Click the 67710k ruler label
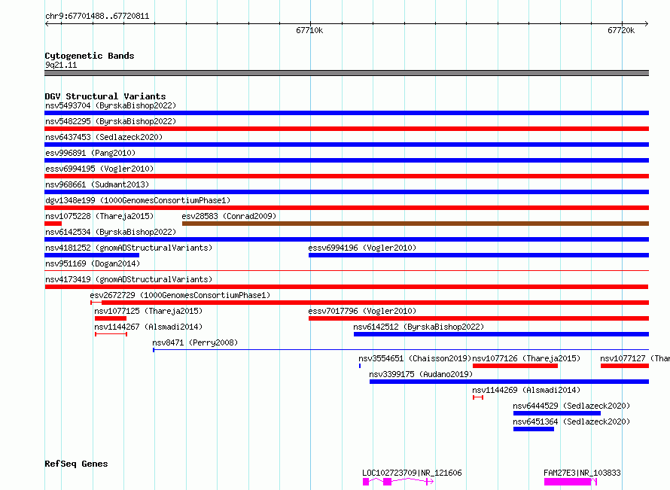click(309, 30)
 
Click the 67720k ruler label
click(621, 30)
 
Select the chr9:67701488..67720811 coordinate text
click(97, 17)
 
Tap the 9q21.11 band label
click(61, 65)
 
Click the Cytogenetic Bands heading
click(90, 56)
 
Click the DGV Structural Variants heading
click(105, 96)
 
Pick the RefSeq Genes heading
click(76, 464)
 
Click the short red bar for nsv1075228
click(53, 224)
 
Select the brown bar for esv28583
click(416, 224)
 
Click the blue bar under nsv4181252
click(92, 255)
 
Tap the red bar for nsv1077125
click(111, 318)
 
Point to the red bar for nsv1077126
click(515, 366)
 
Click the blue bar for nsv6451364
click(534, 429)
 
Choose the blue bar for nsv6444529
click(557, 413)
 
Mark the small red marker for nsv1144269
click(478, 397)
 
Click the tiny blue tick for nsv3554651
click(360, 366)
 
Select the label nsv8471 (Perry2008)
click(195, 342)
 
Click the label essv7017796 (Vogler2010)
click(362, 311)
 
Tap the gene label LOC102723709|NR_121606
click(412, 473)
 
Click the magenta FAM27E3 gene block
click(568, 482)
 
